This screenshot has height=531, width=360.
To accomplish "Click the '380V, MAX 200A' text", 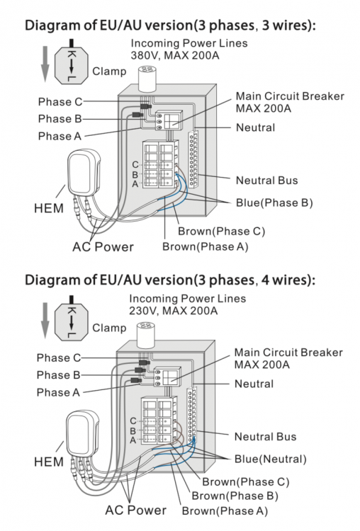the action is point(175,55).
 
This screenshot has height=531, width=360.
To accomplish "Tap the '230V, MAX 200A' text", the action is point(173,311).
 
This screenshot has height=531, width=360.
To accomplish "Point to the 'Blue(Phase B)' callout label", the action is point(274,202).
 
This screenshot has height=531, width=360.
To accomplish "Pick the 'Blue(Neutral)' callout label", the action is point(271,459).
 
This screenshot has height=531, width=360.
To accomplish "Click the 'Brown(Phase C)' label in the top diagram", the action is point(221,232).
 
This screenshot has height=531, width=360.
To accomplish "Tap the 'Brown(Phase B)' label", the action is point(235,496).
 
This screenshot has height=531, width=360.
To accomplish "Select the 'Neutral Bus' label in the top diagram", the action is point(266,180).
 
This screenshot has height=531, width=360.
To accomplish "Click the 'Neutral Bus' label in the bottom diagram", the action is point(266,437).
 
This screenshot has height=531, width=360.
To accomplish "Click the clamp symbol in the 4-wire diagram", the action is point(72,319).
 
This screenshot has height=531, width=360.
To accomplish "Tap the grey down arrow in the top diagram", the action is point(45,64).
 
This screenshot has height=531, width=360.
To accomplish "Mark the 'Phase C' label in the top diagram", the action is point(60,101).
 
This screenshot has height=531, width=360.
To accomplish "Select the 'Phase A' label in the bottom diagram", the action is point(58,392).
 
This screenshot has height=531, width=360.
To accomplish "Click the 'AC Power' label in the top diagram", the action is point(103,246).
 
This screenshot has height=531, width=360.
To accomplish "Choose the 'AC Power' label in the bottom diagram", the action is point(135,510).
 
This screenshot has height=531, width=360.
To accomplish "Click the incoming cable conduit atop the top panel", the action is point(147,79).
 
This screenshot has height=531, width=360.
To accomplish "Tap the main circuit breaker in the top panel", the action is point(169,120).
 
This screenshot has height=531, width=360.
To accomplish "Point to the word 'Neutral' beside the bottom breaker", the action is point(254,384).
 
